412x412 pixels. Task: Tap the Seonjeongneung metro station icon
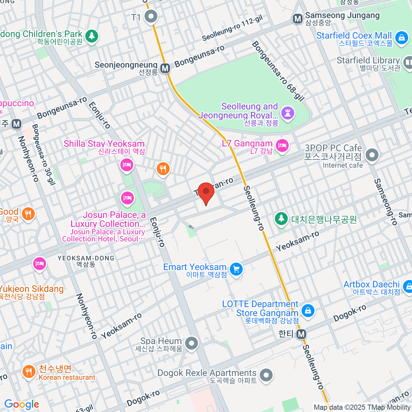pyautogui.click(x=165, y=68)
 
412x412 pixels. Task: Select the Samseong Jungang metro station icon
pyautogui.click(x=297, y=19)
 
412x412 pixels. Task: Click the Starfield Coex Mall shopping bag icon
pyautogui.click(x=401, y=38)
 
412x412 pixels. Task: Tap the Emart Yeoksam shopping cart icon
pyautogui.click(x=236, y=269)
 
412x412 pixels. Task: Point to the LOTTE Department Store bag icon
pyautogui.click(x=308, y=311)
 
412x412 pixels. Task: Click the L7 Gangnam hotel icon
pyautogui.click(x=282, y=146)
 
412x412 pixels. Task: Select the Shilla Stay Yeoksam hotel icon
pyautogui.click(x=127, y=165)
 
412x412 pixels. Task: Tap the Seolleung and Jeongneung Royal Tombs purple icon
pyautogui.click(x=288, y=112)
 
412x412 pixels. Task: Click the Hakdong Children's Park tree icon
pyautogui.click(x=91, y=36)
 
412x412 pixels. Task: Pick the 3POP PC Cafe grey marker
pyautogui.click(x=372, y=155)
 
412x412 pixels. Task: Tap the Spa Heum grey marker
pyautogui.click(x=191, y=343)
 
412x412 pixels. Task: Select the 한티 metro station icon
pyautogui.click(x=301, y=334)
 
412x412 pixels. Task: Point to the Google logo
pyautogui.click(x=22, y=404)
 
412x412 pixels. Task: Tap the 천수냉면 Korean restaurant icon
pyautogui.click(x=29, y=371)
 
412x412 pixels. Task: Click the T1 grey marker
pyautogui.click(x=150, y=16)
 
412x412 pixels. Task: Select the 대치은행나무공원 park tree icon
pyautogui.click(x=281, y=218)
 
